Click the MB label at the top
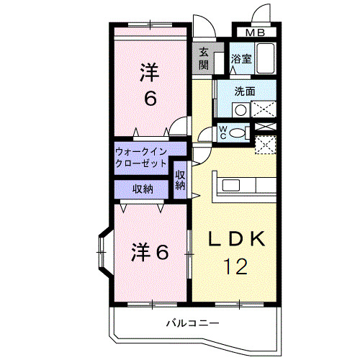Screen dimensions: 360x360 (255, 32)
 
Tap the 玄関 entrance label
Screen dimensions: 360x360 (203, 58)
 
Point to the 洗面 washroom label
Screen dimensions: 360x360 (245, 91)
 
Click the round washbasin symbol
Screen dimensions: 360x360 (240, 109)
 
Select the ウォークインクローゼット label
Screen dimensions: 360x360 (141, 157)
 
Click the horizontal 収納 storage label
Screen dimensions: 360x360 (142, 189)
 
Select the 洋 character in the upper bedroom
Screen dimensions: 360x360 (149, 72)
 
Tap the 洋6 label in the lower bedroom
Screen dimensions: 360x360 (150, 253)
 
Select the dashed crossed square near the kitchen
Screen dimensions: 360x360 (266, 143)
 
